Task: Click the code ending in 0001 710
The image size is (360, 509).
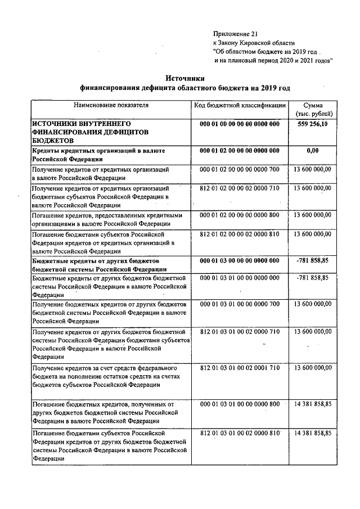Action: pos(240,367)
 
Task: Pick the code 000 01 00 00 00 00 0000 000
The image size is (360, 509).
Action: pos(240,123)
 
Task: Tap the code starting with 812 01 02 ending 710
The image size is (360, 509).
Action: pos(240,187)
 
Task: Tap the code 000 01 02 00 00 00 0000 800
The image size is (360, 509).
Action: pos(240,215)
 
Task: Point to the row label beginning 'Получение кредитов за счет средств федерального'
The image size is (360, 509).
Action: pos(106,367)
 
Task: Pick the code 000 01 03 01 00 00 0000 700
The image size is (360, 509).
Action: pos(240,304)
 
